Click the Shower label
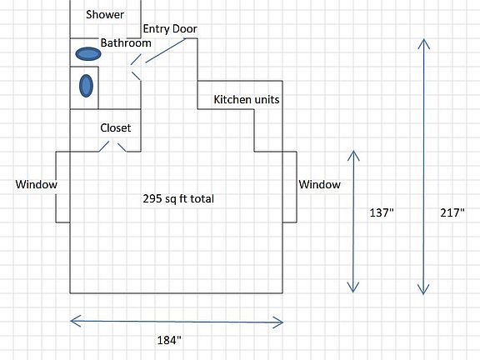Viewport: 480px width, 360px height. [x=105, y=15]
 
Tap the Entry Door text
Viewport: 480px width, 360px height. [x=170, y=29]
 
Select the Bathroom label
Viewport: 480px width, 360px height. [x=126, y=42]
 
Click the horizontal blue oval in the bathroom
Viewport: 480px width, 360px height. [x=88, y=54]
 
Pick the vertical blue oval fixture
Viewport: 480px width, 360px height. [x=86, y=86]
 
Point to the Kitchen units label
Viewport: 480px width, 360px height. [x=247, y=99]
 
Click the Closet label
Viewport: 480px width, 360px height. [x=115, y=127]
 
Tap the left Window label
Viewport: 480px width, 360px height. [x=36, y=184]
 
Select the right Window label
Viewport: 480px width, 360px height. [x=319, y=184]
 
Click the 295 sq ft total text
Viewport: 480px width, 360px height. [x=178, y=198]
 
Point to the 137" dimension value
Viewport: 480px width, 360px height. [x=382, y=212]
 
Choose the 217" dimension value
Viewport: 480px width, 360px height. [x=452, y=212]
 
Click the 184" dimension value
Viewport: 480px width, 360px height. [x=169, y=340]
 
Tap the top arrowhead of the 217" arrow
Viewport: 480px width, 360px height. [x=423, y=39]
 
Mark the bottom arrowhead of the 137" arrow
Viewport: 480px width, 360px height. [x=353, y=292]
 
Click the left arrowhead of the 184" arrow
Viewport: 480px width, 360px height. [x=71, y=321]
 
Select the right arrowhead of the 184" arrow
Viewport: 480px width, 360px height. [x=282, y=322]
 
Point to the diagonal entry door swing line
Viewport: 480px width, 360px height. [x=166, y=51]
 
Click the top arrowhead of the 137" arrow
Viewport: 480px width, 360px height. [x=353, y=151]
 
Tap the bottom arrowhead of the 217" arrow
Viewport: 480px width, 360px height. [x=423, y=294]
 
